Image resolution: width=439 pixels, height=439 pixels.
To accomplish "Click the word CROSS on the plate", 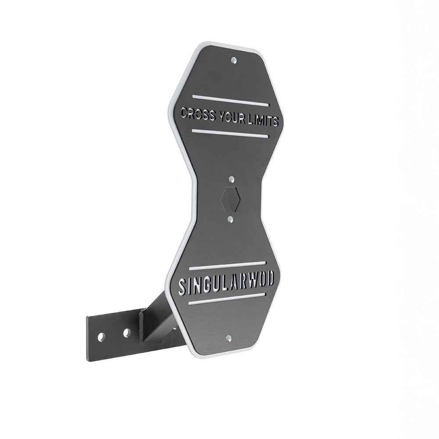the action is click(198, 114).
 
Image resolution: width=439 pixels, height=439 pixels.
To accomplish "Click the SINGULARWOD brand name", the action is click(226, 282).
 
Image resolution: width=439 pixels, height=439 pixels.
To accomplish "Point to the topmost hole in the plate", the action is click(234, 60).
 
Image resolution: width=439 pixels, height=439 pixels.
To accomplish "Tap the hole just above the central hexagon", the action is click(231, 179).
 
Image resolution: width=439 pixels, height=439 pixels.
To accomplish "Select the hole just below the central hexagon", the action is click(230, 219).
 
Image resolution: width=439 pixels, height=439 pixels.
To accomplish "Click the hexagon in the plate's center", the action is click(231, 198).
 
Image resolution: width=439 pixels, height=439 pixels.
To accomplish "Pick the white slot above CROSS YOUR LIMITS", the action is click(231, 101).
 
